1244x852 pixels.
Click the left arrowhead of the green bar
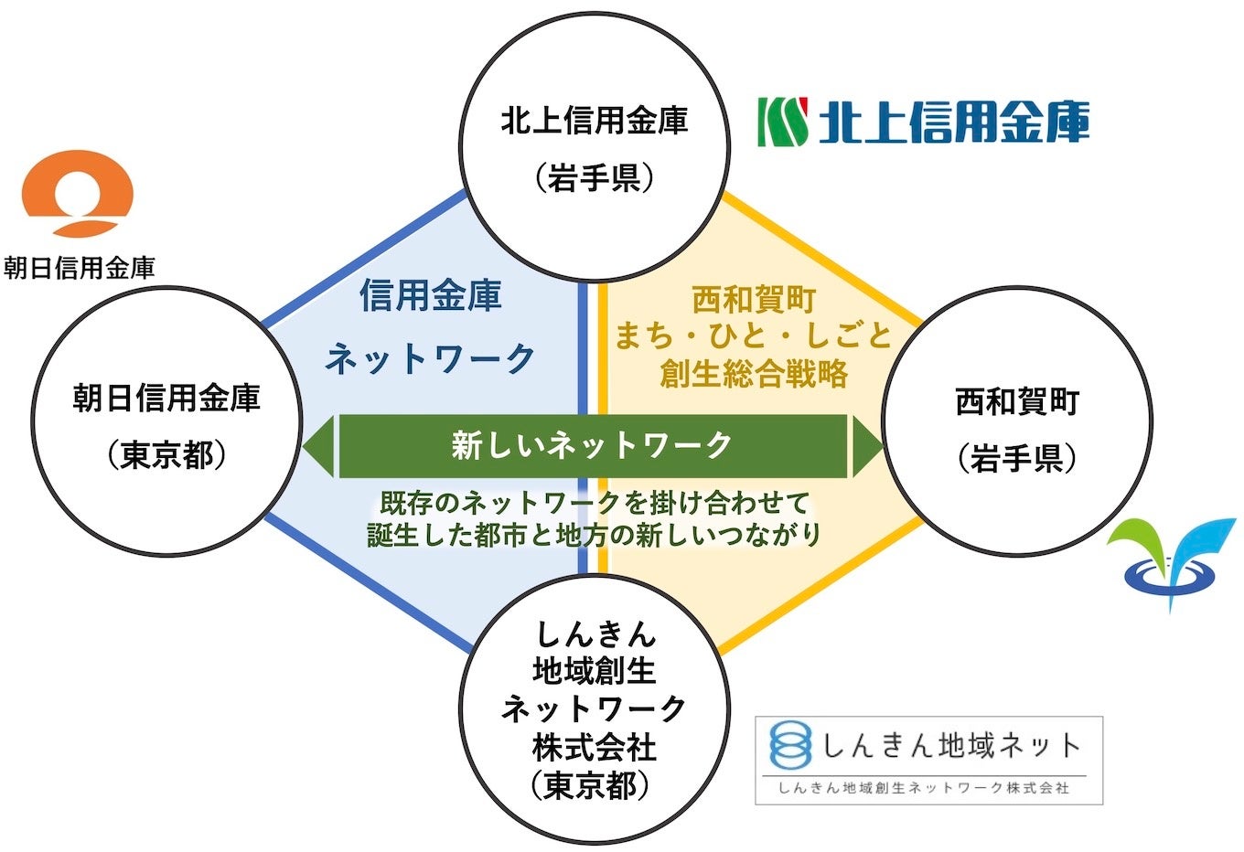tap(318, 446)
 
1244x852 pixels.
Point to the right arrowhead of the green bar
tap(866, 446)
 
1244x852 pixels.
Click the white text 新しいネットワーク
tap(592, 446)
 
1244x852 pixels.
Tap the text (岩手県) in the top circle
tap(595, 177)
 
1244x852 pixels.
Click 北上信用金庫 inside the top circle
tap(595, 121)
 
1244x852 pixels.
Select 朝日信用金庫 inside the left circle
tap(166, 398)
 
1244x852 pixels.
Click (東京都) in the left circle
tap(166, 454)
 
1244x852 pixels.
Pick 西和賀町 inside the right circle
tap(1017, 401)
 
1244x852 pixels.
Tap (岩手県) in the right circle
tap(1017, 458)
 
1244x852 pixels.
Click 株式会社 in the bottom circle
tap(595, 748)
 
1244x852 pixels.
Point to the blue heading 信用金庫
tap(431, 296)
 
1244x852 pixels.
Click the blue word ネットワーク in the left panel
tap(431, 358)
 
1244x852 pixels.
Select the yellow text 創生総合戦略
tap(753, 375)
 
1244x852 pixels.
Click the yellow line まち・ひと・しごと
tap(753, 336)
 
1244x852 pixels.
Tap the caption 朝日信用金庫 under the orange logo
tap(79, 268)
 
